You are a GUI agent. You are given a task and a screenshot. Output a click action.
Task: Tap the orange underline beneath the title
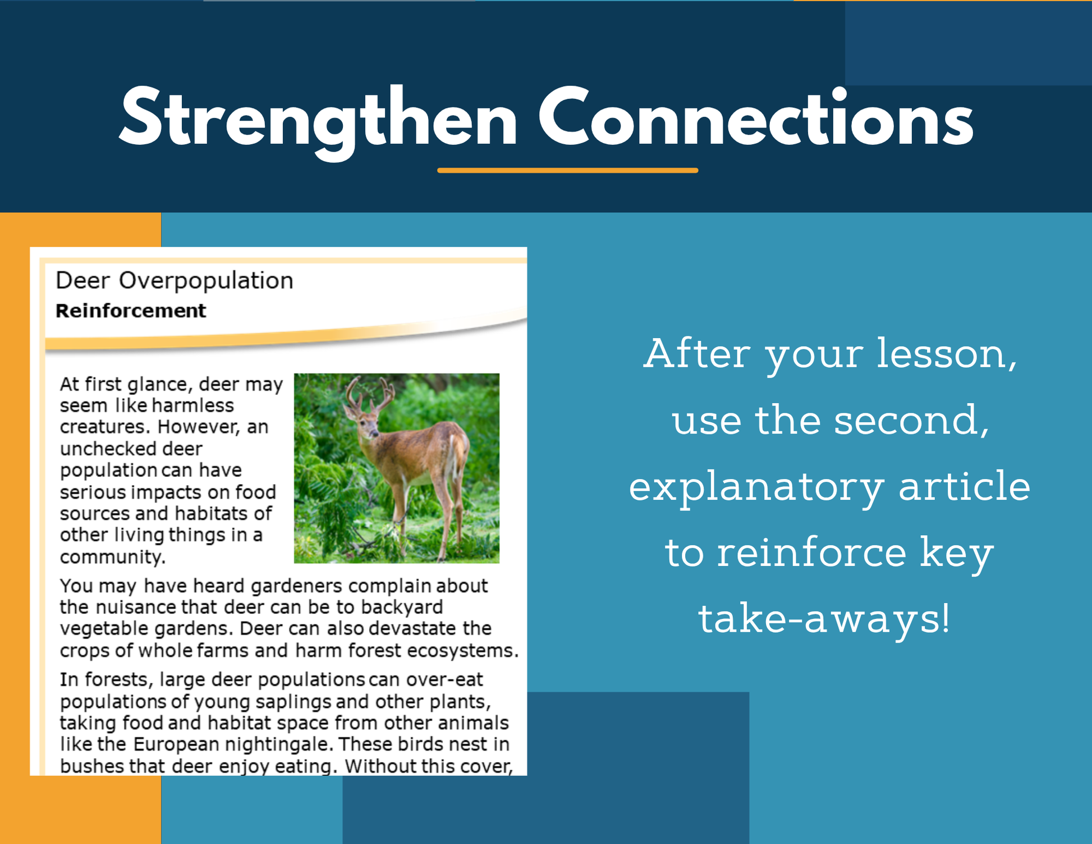568,170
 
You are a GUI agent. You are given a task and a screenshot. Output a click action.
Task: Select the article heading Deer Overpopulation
175,280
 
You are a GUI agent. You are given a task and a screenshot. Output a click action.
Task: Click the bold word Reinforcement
131,311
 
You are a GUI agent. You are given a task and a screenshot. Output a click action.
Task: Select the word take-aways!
824,619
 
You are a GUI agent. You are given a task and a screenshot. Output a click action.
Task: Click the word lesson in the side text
947,354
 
